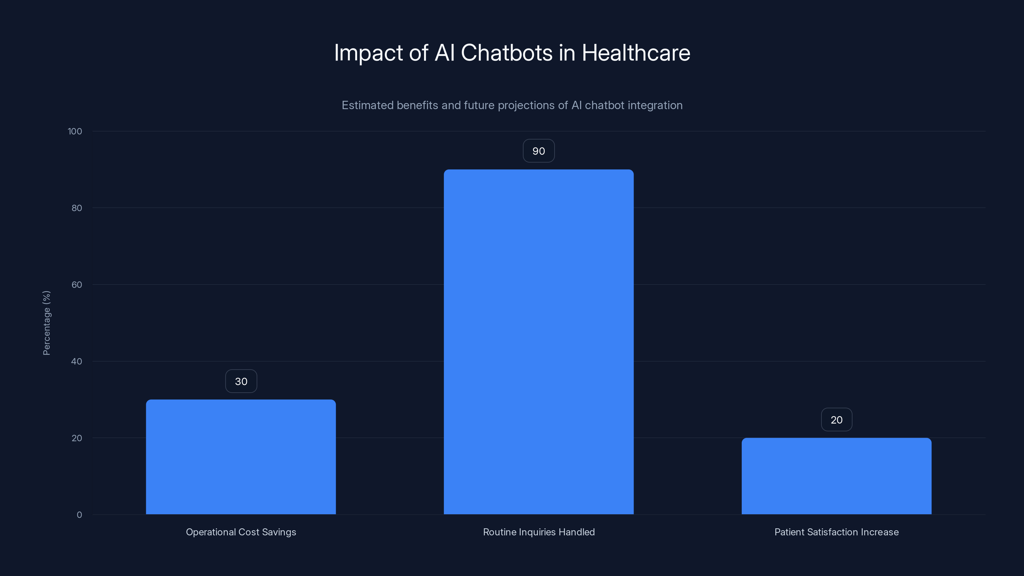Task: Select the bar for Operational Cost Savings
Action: click(241, 457)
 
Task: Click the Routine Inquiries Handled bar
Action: click(539, 342)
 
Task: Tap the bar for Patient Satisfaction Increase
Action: click(836, 476)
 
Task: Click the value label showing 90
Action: click(539, 151)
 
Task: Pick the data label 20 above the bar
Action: click(836, 420)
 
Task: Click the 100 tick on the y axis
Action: click(75, 131)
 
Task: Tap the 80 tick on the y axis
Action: click(77, 208)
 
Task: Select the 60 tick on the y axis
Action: click(77, 284)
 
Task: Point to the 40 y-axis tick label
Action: click(77, 361)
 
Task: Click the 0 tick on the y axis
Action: click(79, 515)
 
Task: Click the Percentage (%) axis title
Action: click(46, 323)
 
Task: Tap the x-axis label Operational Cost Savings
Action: click(241, 532)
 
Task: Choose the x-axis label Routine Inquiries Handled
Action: click(539, 532)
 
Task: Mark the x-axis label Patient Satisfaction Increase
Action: click(836, 532)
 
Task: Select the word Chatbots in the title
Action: click(507, 53)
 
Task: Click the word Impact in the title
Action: click(369, 53)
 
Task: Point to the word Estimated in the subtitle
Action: click(367, 105)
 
